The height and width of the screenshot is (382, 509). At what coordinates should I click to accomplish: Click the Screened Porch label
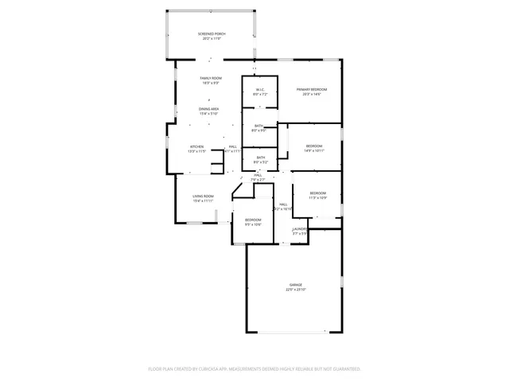(212, 33)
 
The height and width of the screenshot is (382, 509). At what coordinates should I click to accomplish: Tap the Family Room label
(210, 78)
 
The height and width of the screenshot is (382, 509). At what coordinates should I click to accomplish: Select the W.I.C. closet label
(259, 89)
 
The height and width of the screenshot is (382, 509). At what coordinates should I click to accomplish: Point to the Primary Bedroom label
(312, 89)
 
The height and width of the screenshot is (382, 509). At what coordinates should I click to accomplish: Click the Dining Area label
(209, 109)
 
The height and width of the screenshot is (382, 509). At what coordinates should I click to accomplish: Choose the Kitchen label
(196, 146)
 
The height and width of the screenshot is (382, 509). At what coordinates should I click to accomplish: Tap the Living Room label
(203, 196)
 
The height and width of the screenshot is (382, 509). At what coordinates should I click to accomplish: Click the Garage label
(295, 285)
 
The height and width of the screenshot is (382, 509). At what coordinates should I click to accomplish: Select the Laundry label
(299, 228)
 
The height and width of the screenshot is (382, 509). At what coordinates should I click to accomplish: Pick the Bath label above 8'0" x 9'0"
(258, 126)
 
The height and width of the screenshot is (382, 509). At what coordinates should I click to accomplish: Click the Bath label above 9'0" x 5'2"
(260, 158)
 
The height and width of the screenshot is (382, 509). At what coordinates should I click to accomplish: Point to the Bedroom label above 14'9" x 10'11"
(314, 146)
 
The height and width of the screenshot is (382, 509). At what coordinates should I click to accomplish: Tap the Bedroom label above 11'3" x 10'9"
(317, 193)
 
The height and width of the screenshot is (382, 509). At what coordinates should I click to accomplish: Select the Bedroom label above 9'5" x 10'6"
(253, 220)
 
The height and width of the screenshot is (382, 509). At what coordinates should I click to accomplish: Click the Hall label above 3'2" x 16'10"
(283, 205)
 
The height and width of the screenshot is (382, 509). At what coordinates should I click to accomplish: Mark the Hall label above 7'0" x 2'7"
(258, 175)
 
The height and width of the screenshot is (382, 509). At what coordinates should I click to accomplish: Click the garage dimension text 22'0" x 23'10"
(295, 290)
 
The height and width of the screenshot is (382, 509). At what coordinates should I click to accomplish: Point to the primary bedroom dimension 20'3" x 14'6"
(312, 94)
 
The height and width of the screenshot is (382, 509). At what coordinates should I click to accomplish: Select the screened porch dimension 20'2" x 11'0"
(212, 38)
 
